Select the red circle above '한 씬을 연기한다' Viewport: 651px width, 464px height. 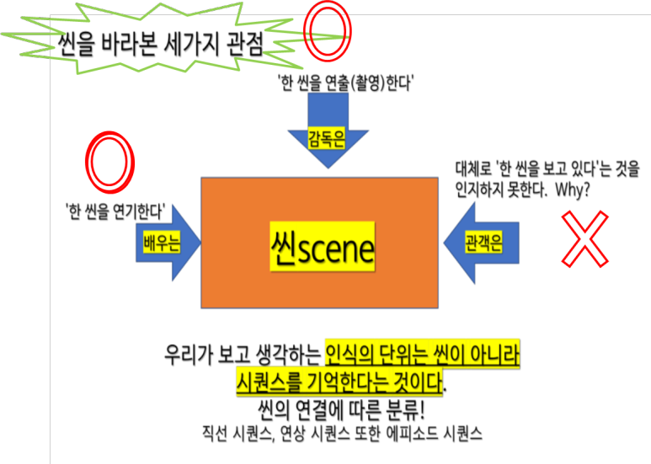pos(109,163)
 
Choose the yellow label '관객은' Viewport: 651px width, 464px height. pos(483,244)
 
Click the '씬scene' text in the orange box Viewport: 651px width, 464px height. pos(322,247)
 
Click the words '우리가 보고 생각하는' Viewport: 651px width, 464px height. pos(242,355)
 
